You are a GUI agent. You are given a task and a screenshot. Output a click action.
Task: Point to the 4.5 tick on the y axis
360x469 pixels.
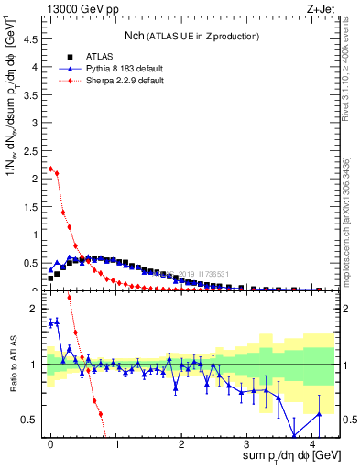coord(32,39)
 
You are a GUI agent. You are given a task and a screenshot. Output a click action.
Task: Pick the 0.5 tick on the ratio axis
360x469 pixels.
coord(32,420)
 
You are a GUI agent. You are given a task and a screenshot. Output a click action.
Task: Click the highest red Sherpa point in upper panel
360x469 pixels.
coord(50,169)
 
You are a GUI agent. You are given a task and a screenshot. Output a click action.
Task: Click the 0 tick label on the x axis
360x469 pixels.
coord(50,443)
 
